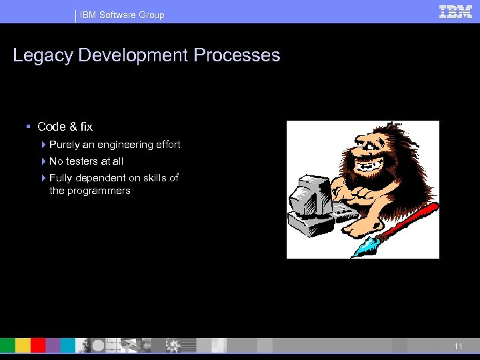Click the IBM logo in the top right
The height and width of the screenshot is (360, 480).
456,12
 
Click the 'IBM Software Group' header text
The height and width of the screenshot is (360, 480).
122,15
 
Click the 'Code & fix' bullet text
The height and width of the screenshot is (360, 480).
65,127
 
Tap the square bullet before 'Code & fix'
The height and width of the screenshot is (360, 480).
29,127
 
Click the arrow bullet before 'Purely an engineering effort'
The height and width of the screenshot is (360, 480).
43,145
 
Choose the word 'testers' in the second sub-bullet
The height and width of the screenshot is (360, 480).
81,161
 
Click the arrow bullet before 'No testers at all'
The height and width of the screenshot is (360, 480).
43,161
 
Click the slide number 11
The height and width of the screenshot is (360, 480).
458,347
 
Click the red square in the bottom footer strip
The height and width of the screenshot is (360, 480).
38,345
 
